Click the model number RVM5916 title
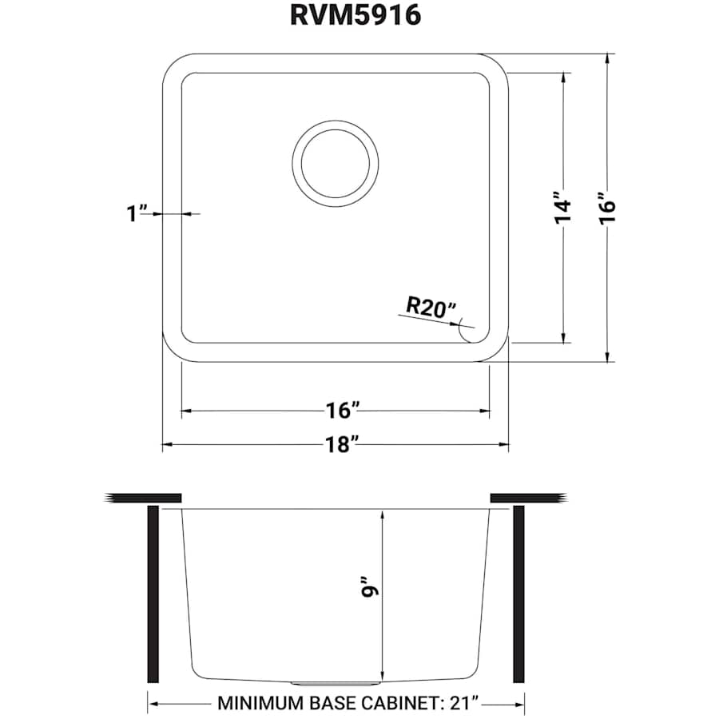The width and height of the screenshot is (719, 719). coord(356,15)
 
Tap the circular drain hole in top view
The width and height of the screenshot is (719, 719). coord(333,160)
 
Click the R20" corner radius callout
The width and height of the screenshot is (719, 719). coord(431,307)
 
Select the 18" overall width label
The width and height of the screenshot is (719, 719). coord(340,445)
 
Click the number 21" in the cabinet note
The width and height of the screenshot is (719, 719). coord(463,704)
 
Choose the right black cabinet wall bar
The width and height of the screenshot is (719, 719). coord(518,594)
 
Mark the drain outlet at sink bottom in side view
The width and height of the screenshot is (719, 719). coord(336,684)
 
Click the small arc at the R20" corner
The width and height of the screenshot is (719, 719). coord(464,331)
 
